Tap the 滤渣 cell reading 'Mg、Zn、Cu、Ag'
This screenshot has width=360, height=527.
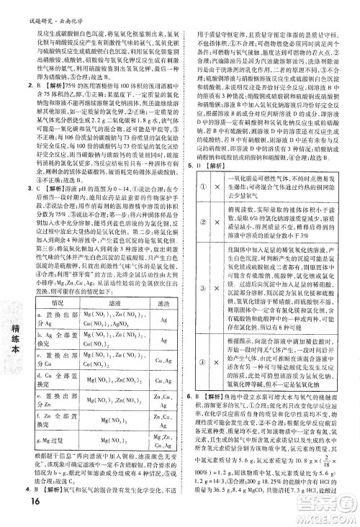tap(162, 439)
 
